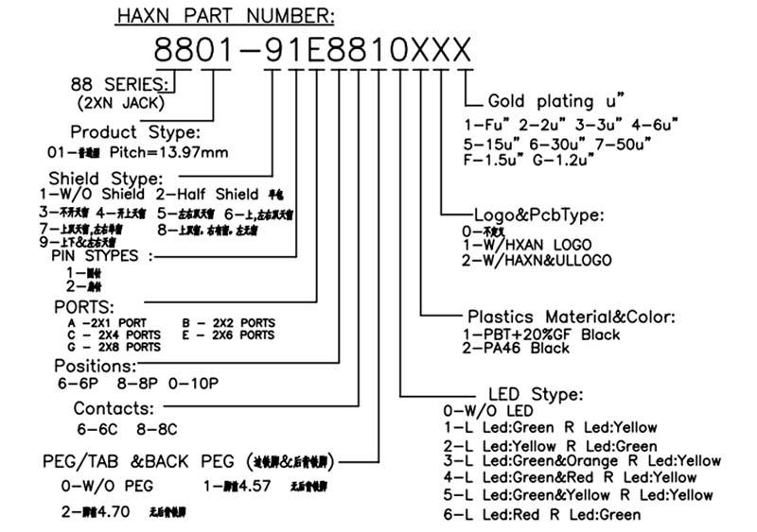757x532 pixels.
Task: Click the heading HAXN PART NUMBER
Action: pyautogui.click(x=224, y=16)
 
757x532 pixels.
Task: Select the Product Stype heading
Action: pyautogui.click(x=134, y=131)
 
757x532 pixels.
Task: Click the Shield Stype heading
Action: pyautogui.click(x=105, y=178)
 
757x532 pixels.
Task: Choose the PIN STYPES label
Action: pyautogui.click(x=94, y=255)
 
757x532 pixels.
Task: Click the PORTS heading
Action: pyautogui.click(x=83, y=308)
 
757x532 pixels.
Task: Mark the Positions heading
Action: pyautogui.click(x=94, y=366)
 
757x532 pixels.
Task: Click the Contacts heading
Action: pyautogui.click(x=114, y=408)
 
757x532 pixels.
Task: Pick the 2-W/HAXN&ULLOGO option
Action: pyautogui.click(x=537, y=260)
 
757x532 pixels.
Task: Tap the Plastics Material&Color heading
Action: pyautogui.click(x=572, y=317)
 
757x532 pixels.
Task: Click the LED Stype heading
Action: pyautogui.click(x=535, y=394)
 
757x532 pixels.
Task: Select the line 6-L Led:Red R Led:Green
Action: pyautogui.click(x=540, y=514)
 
